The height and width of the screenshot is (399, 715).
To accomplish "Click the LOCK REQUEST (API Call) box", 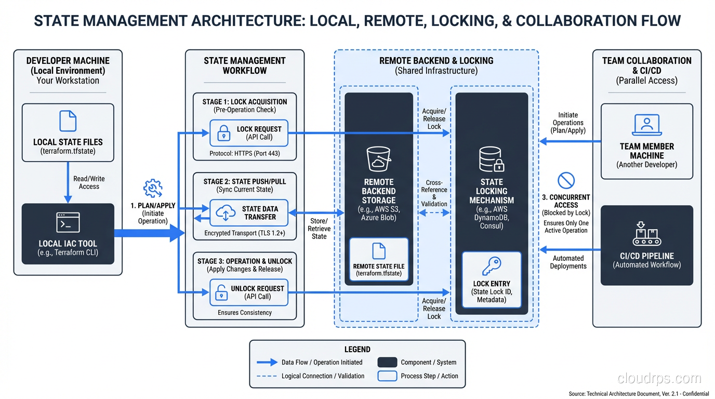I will (x=248, y=133).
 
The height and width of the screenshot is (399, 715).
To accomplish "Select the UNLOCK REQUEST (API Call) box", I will (x=248, y=292).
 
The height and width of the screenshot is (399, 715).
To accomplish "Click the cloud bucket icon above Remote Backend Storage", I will (x=378, y=159).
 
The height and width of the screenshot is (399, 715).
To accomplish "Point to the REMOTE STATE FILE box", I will (x=378, y=259).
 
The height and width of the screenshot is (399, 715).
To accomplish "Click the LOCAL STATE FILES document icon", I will (x=68, y=121).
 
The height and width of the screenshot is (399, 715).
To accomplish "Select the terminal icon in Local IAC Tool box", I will (x=68, y=222).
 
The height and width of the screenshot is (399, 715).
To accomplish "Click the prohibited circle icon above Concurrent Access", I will (x=565, y=180).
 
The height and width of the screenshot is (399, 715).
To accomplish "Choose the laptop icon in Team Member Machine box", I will (x=646, y=125).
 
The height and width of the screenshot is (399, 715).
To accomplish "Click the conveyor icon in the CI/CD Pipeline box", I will (x=646, y=233).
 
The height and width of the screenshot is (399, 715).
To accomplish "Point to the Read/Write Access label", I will (x=89, y=182).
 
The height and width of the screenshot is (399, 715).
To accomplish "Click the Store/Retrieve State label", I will (x=319, y=229).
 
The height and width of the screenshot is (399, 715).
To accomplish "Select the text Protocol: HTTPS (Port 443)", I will (x=244, y=154).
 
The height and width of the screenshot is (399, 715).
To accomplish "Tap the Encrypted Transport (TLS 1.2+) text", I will (x=244, y=233).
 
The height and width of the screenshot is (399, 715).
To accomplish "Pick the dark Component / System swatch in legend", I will (x=387, y=362).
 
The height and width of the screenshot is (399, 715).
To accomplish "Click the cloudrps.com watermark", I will (x=659, y=378).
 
